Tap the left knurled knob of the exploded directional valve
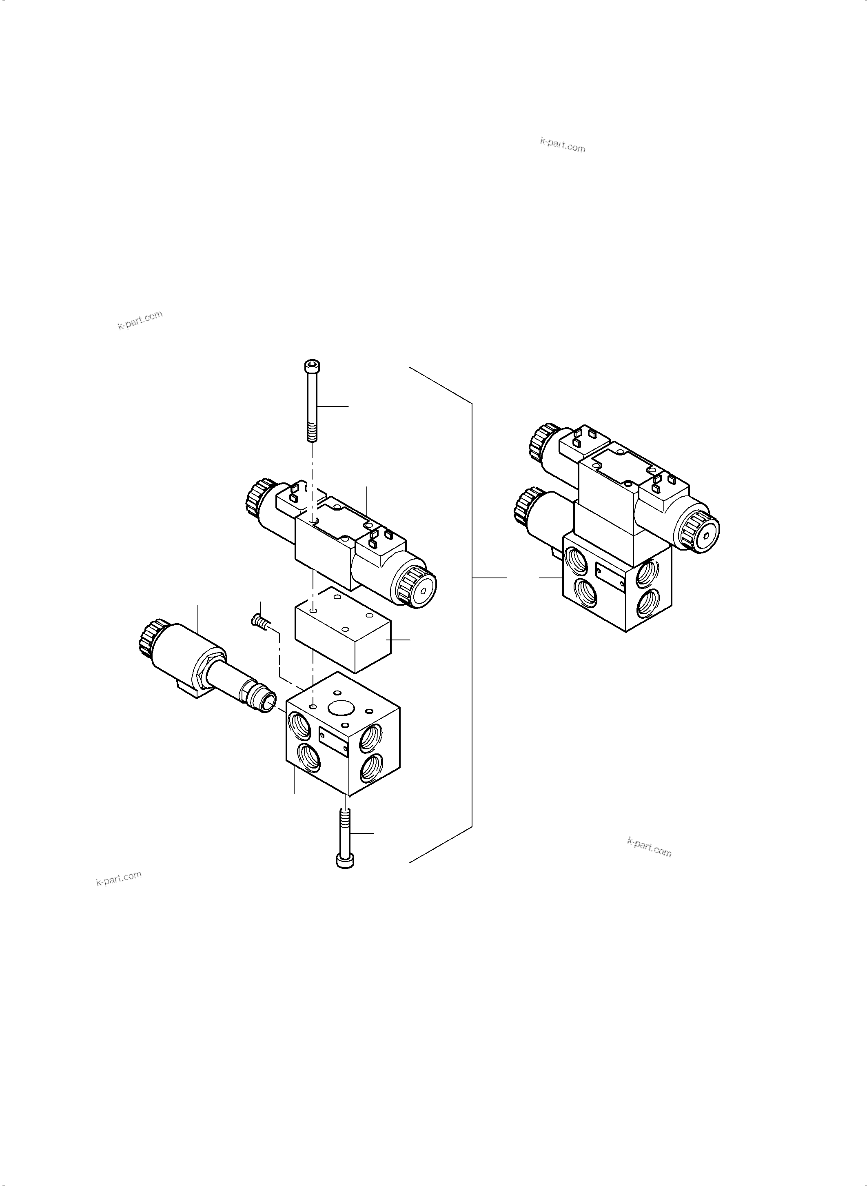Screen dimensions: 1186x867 click(x=256, y=497)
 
